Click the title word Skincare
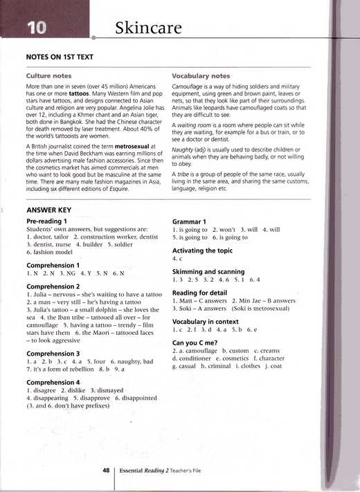[x=148, y=28]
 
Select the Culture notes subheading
[x=48, y=75]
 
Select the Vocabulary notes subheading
[x=201, y=75]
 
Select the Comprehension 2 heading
[x=53, y=286]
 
